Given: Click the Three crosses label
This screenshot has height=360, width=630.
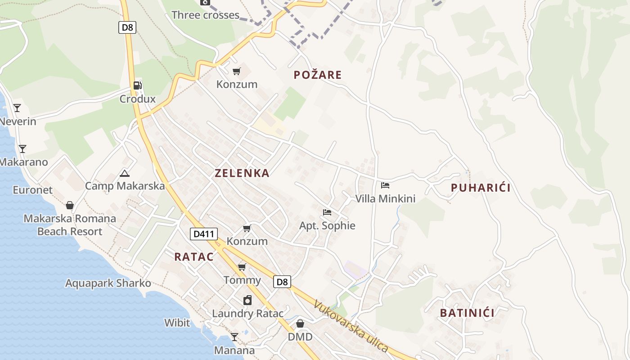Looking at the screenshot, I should [205, 15].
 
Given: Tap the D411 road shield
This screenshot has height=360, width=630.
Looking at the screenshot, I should [204, 234].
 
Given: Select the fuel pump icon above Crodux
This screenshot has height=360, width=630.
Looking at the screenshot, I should [137, 85].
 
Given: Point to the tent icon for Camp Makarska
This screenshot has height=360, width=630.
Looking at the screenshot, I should [125, 173].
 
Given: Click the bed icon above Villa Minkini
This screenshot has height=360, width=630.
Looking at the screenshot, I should [385, 185].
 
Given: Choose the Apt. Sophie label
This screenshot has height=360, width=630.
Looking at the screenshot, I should [327, 225].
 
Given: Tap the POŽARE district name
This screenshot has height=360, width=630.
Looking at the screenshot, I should [318, 75].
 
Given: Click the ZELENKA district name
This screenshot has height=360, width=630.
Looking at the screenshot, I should [242, 173].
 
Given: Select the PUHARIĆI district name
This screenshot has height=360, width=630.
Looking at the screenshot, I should [481, 188].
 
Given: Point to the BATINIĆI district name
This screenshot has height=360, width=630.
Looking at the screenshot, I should [467, 313].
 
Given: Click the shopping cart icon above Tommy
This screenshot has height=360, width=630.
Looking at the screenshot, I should [242, 267].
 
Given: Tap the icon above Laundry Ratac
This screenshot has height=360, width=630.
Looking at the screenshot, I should [247, 300].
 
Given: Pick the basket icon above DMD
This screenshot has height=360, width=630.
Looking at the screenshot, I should [300, 324].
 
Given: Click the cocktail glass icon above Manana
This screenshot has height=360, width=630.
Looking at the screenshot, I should [234, 337].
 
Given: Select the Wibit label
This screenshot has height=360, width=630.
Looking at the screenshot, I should [177, 323].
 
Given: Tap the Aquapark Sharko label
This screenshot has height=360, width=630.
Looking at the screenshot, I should [108, 283].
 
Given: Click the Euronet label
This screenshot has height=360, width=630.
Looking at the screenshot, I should [32, 190].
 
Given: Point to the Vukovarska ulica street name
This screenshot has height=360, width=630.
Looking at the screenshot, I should [351, 326].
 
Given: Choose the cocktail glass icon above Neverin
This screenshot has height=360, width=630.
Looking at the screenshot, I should [17, 108].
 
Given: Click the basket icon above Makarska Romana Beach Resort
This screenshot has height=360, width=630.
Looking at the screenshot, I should [70, 205].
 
